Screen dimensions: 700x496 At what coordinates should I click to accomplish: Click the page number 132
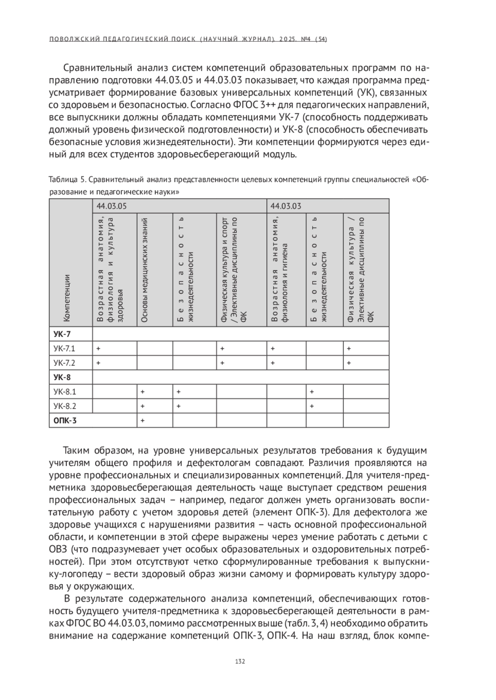240,661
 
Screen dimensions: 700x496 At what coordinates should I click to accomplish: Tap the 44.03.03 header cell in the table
286,206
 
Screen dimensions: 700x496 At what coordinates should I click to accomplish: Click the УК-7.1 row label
64,348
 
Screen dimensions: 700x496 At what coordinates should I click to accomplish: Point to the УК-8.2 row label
65,406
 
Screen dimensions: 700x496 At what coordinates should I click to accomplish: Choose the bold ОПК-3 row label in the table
65,420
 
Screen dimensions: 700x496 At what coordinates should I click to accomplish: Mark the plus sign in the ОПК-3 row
143,420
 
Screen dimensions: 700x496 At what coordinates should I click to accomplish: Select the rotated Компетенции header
67,298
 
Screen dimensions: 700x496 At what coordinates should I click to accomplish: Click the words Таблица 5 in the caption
67,180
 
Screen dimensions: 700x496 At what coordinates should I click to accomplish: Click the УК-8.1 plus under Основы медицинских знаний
143,391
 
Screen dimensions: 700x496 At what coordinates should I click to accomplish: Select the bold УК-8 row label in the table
62,377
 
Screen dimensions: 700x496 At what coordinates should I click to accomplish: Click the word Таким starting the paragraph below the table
79,450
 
